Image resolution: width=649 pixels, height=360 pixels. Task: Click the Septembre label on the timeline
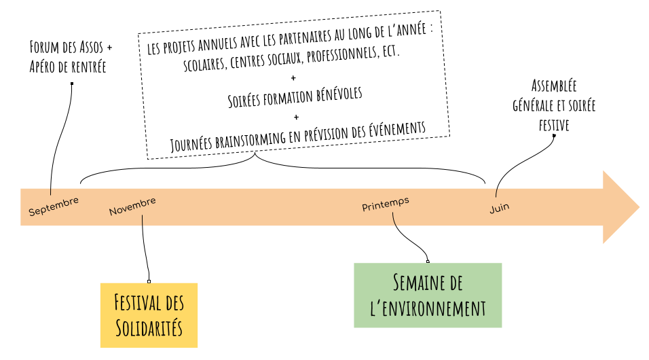click(x=54, y=206)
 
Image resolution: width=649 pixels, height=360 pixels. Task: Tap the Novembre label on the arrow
click(x=132, y=206)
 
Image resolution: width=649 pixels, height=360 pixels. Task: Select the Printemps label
click(x=386, y=204)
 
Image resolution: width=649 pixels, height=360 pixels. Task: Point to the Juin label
click(x=500, y=208)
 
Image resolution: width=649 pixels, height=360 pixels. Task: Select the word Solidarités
click(x=149, y=327)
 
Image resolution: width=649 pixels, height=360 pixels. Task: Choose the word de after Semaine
click(x=455, y=283)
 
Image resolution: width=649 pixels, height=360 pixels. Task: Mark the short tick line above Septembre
click(x=51, y=192)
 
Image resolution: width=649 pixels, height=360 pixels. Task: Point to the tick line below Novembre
click(x=143, y=221)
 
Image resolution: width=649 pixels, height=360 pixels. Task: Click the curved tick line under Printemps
click(x=394, y=219)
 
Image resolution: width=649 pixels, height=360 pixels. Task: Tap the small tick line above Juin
click(x=496, y=192)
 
